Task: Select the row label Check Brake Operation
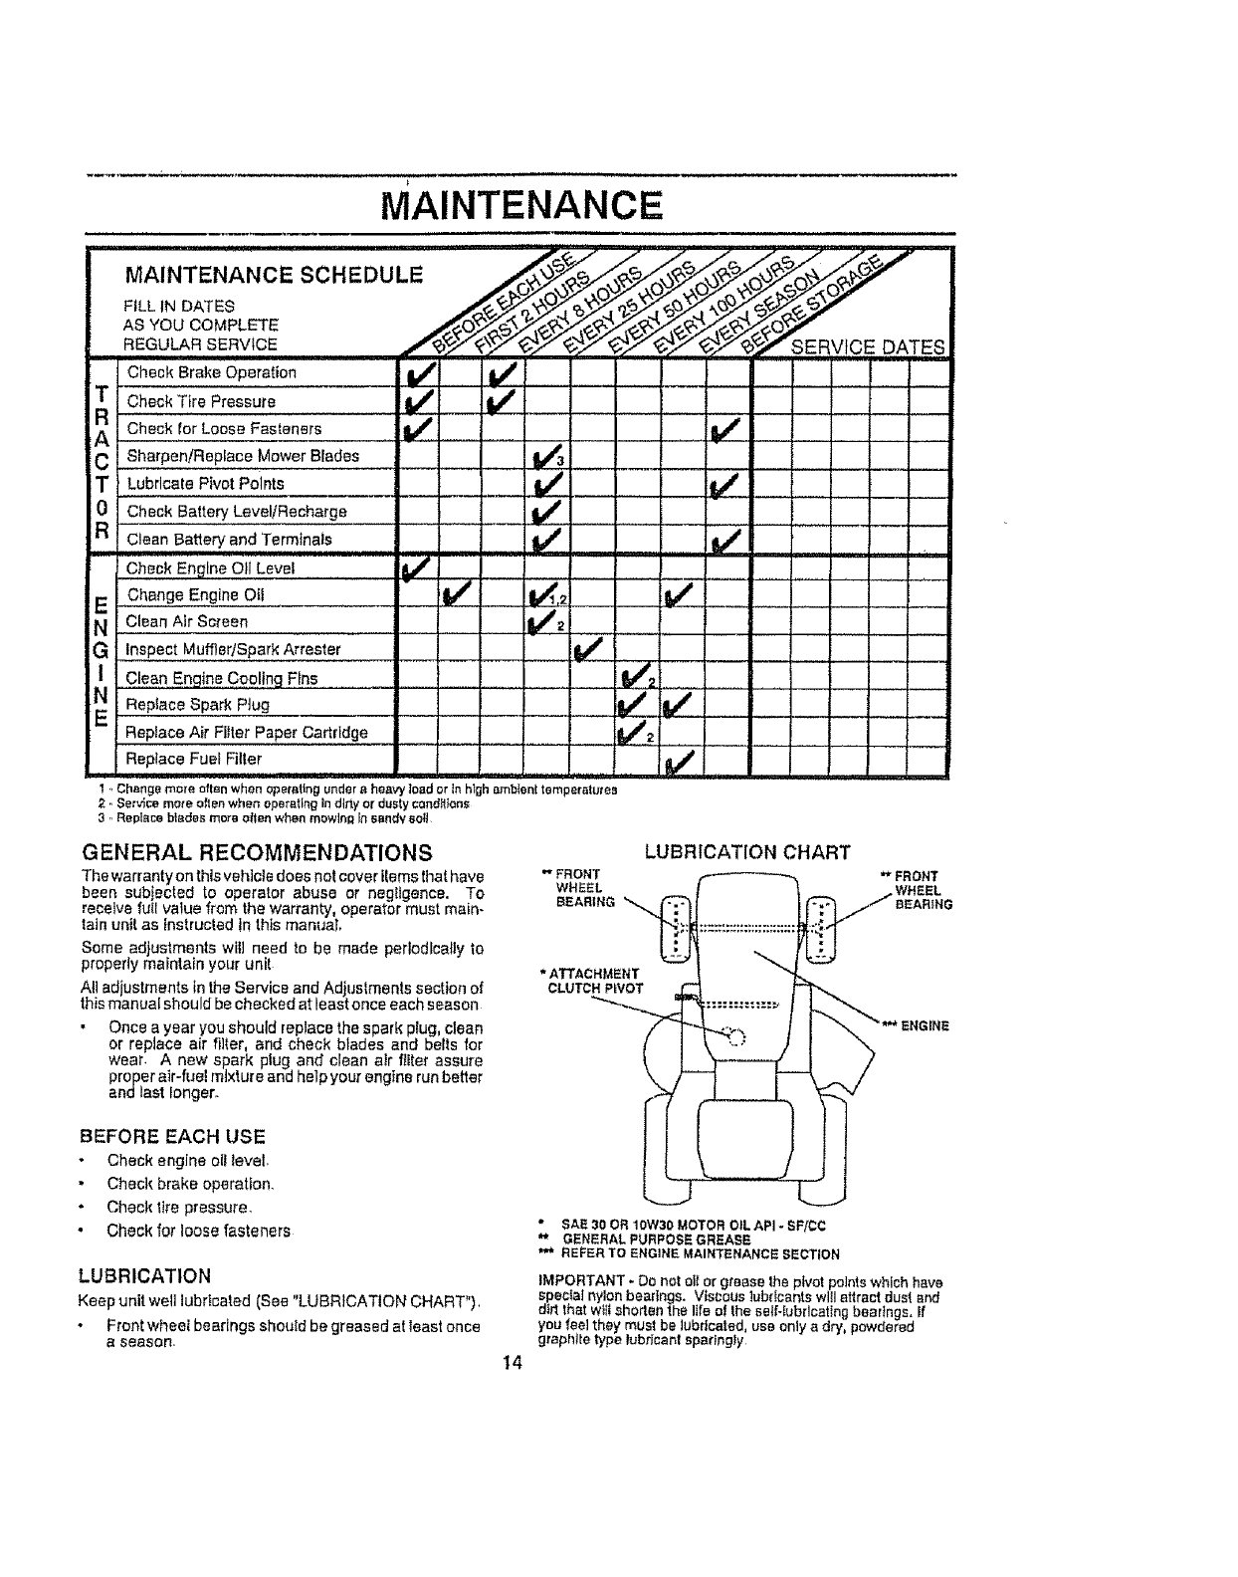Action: [211, 372]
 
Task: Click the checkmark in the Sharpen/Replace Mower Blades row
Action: [542, 459]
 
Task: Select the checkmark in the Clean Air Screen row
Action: [541, 624]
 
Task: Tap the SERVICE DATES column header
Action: [867, 347]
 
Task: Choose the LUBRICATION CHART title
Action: [747, 852]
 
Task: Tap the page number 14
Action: [512, 1363]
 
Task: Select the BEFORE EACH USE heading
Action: [171, 1136]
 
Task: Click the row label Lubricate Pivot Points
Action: [205, 484]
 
